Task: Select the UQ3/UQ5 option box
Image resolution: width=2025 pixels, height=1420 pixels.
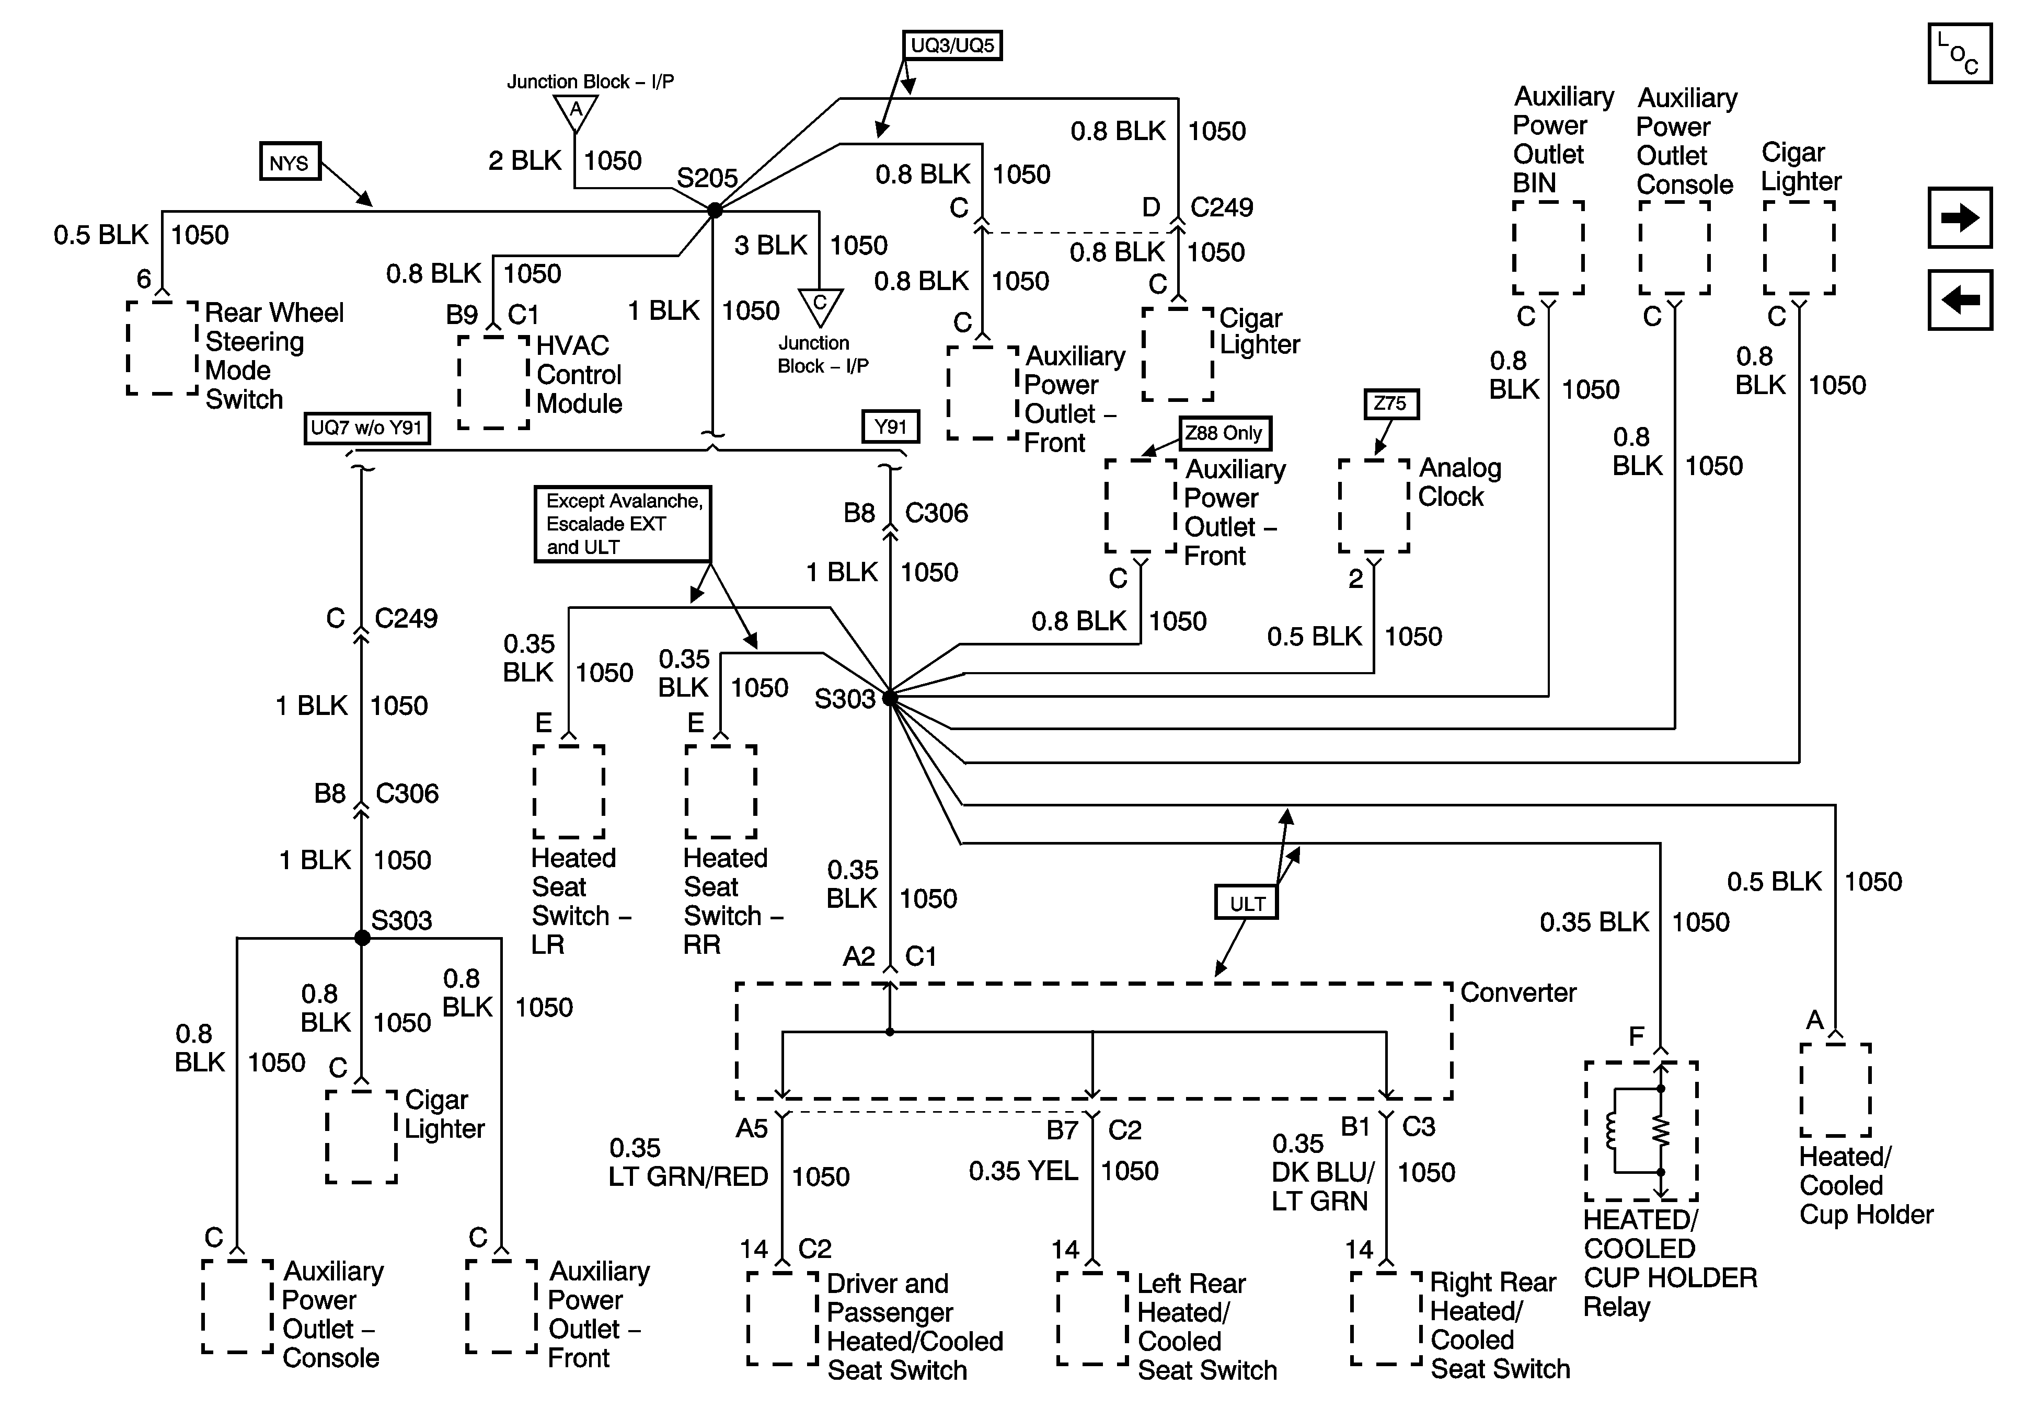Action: pyautogui.click(x=952, y=45)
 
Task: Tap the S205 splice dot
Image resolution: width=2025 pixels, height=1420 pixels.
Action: pyautogui.click(x=715, y=210)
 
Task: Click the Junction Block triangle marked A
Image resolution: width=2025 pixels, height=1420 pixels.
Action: pyautogui.click(x=575, y=111)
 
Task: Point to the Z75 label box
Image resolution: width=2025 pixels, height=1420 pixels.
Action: pyautogui.click(x=1390, y=404)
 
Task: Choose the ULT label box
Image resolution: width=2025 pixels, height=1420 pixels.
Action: pyautogui.click(x=1246, y=903)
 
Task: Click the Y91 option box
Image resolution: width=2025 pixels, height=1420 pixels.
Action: pyautogui.click(x=890, y=427)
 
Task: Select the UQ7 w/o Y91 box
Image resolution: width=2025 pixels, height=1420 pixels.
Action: pyautogui.click(x=367, y=428)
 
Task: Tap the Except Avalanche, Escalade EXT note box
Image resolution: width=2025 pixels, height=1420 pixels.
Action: pyautogui.click(x=623, y=524)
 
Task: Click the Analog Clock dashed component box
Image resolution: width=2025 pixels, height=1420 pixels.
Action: pyautogui.click(x=1373, y=505)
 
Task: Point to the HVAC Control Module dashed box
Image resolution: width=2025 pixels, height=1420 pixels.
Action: pyautogui.click(x=494, y=382)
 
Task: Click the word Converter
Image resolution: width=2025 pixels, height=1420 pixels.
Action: pyautogui.click(x=1518, y=992)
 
